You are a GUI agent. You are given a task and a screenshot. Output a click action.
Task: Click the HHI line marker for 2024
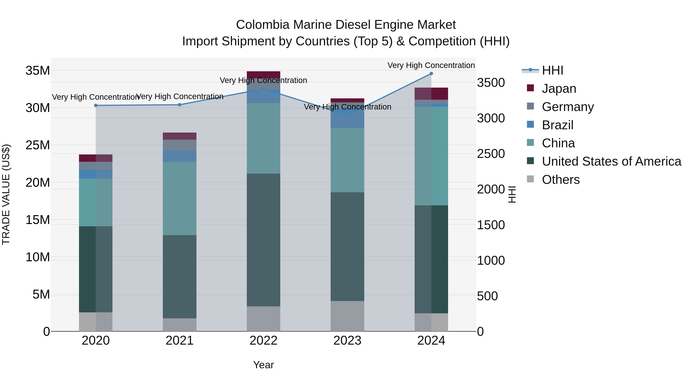pos(431,74)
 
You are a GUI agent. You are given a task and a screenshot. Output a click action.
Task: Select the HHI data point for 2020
pos(96,105)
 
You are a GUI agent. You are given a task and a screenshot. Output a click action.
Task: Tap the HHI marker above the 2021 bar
pos(180,105)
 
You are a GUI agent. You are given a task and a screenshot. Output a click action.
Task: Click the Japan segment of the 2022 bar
pos(263,75)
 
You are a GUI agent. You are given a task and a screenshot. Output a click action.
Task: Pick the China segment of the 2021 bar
pos(180,199)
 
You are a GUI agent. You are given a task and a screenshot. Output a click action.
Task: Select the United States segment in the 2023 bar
pos(347,246)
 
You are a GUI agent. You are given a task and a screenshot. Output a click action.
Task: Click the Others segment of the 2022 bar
pos(263,319)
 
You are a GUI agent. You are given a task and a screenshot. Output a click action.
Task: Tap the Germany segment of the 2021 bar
pos(180,145)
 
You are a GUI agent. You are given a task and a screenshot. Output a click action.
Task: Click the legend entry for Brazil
pos(557,125)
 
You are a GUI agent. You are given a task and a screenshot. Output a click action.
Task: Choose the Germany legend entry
pos(568,107)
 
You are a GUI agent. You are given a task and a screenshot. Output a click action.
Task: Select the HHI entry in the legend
pos(552,70)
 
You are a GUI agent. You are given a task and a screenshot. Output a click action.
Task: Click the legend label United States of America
pos(611,161)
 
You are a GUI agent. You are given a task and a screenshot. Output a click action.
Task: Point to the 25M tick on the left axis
pos(38,145)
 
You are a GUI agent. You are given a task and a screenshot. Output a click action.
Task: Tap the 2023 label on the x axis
pos(347,341)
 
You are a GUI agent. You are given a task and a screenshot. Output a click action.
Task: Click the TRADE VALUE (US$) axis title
pos(6,194)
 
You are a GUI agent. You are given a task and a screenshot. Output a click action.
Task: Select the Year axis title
pos(263,365)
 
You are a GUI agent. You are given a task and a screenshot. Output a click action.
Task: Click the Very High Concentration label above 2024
pos(431,65)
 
